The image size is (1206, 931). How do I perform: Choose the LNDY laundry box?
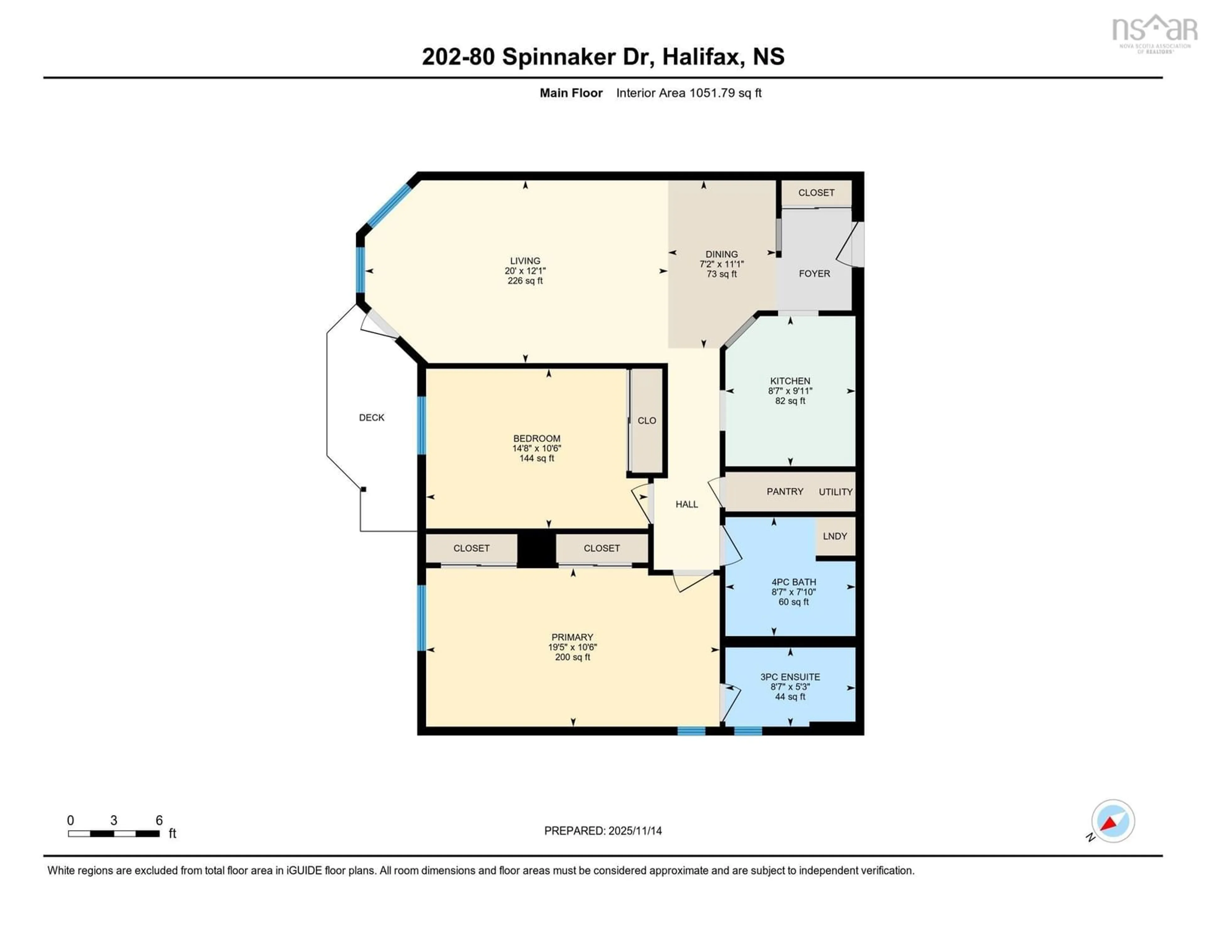point(834,536)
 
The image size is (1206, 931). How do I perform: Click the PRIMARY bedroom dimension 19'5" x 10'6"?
point(572,647)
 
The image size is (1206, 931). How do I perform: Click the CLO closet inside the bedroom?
point(647,421)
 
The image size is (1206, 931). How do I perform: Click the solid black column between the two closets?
point(536,548)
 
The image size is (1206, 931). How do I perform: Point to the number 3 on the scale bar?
point(114,821)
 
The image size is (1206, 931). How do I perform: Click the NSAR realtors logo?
point(1154,33)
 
